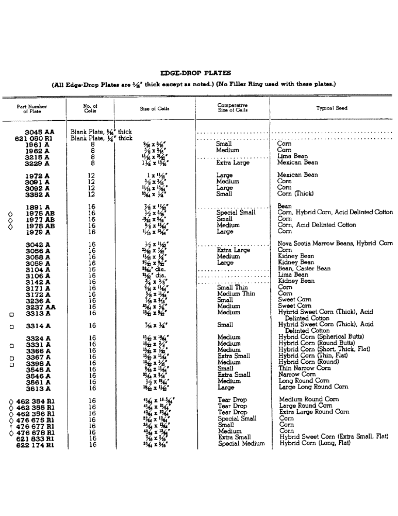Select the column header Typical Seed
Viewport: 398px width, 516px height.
pos(331,108)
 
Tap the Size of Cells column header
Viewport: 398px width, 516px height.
pos(154,109)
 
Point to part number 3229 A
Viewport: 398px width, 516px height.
pos(38,163)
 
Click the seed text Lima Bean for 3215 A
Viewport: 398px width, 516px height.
pos(292,156)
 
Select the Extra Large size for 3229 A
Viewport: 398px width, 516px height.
pos(233,163)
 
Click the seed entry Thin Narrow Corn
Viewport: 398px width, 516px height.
pos(304,368)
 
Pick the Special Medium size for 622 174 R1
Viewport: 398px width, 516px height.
pos(241,444)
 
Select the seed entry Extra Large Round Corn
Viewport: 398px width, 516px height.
pos(314,412)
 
